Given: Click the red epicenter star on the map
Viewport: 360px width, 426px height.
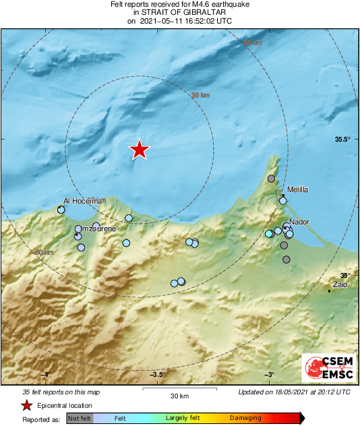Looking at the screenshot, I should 139,149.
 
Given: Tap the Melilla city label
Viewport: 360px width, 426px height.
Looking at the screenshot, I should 297,190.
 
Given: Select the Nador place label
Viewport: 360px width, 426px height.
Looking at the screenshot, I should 299,222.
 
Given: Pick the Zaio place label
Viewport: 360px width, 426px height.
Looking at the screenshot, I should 340,285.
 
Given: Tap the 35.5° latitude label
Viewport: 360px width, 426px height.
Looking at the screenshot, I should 343,140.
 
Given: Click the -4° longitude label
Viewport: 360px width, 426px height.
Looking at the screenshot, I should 45,375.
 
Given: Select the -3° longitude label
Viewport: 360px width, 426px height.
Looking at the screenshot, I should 269,375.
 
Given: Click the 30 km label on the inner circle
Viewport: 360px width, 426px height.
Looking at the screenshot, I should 200,96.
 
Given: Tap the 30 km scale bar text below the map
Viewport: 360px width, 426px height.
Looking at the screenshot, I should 179,396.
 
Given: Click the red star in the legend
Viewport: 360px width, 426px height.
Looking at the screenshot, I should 27,405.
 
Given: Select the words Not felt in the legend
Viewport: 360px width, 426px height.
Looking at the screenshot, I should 80,419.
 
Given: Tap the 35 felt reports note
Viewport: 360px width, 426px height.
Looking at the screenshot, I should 61,392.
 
